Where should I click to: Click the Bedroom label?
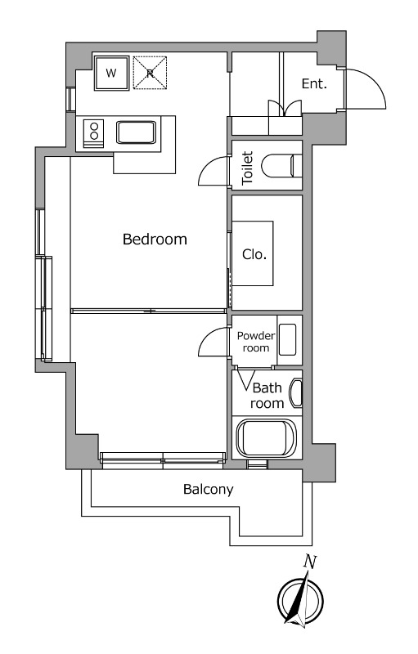tap(155, 240)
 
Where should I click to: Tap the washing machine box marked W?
tap(111, 73)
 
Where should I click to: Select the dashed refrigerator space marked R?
tap(150, 73)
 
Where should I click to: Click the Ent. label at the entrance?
tap(314, 84)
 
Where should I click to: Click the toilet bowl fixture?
tap(281, 166)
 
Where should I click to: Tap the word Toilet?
tap(247, 168)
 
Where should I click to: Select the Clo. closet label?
tap(254, 254)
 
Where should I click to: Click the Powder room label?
tap(256, 342)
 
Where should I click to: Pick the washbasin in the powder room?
tap(287, 339)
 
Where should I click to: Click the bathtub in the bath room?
tap(266, 438)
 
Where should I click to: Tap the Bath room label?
tap(267, 396)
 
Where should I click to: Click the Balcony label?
tap(208, 489)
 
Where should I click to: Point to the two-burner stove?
tap(94, 133)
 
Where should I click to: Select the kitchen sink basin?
tap(136, 132)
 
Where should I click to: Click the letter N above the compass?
tap(310, 562)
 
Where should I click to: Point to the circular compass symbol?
tap(300, 600)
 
